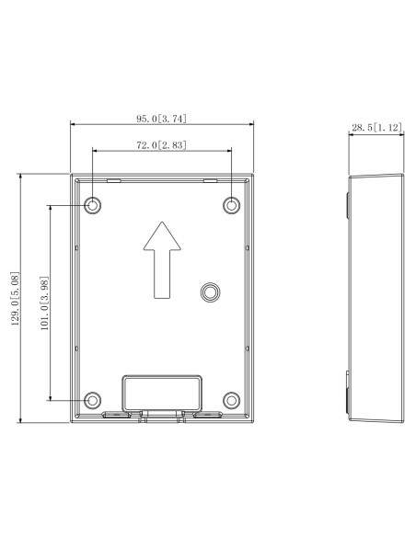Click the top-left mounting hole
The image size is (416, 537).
[92, 204]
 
